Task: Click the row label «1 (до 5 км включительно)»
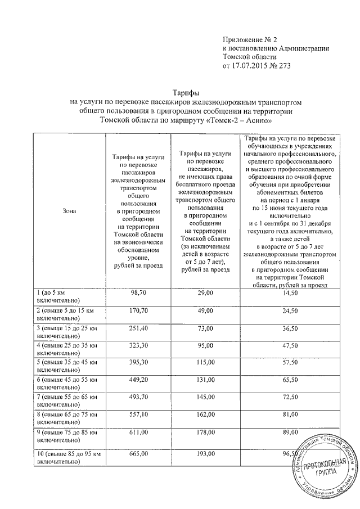pyautogui.click(x=59, y=298)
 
